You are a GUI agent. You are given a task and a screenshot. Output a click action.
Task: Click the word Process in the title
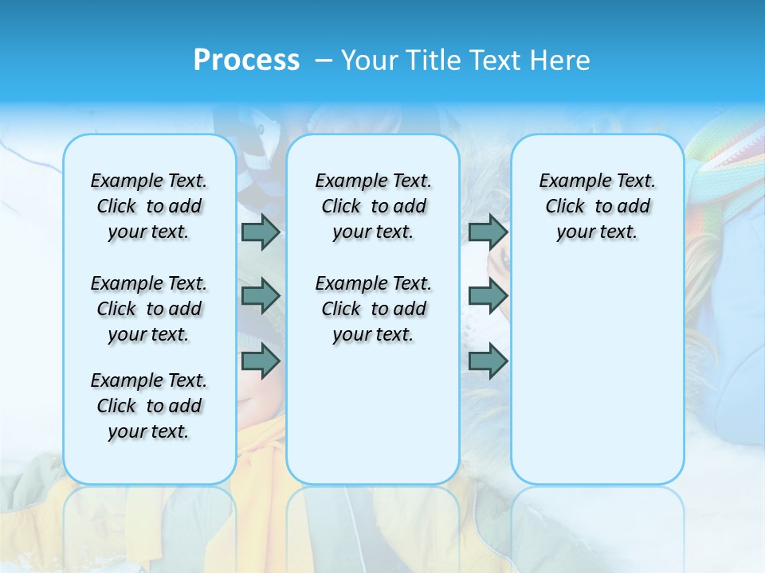click(x=246, y=60)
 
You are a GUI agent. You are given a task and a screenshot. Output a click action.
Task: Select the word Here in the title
click(x=559, y=60)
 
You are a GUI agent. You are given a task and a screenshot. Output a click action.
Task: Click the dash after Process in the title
click(x=324, y=61)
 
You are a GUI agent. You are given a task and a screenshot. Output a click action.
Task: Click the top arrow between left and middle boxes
click(x=261, y=232)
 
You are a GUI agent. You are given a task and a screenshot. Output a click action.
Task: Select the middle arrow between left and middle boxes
click(x=261, y=296)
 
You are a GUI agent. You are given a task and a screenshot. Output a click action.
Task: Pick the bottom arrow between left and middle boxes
click(x=261, y=362)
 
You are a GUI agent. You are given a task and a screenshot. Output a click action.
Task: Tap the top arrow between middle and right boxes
click(x=488, y=232)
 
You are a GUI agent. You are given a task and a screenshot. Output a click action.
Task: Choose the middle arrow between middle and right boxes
click(x=488, y=296)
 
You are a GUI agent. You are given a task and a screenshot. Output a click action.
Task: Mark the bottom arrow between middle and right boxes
click(x=488, y=362)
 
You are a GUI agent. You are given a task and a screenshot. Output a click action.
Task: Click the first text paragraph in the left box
click(x=149, y=206)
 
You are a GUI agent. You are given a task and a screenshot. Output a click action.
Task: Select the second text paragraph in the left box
click(x=149, y=309)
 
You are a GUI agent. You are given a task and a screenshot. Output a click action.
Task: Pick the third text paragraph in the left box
click(x=149, y=406)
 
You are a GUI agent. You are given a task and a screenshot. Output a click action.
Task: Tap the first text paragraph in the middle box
click(x=373, y=206)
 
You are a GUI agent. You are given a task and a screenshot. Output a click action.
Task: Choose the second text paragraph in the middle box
click(x=373, y=309)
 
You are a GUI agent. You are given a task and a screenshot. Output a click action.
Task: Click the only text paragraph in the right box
click(x=598, y=206)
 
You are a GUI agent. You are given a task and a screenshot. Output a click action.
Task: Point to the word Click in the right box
click(x=565, y=206)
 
